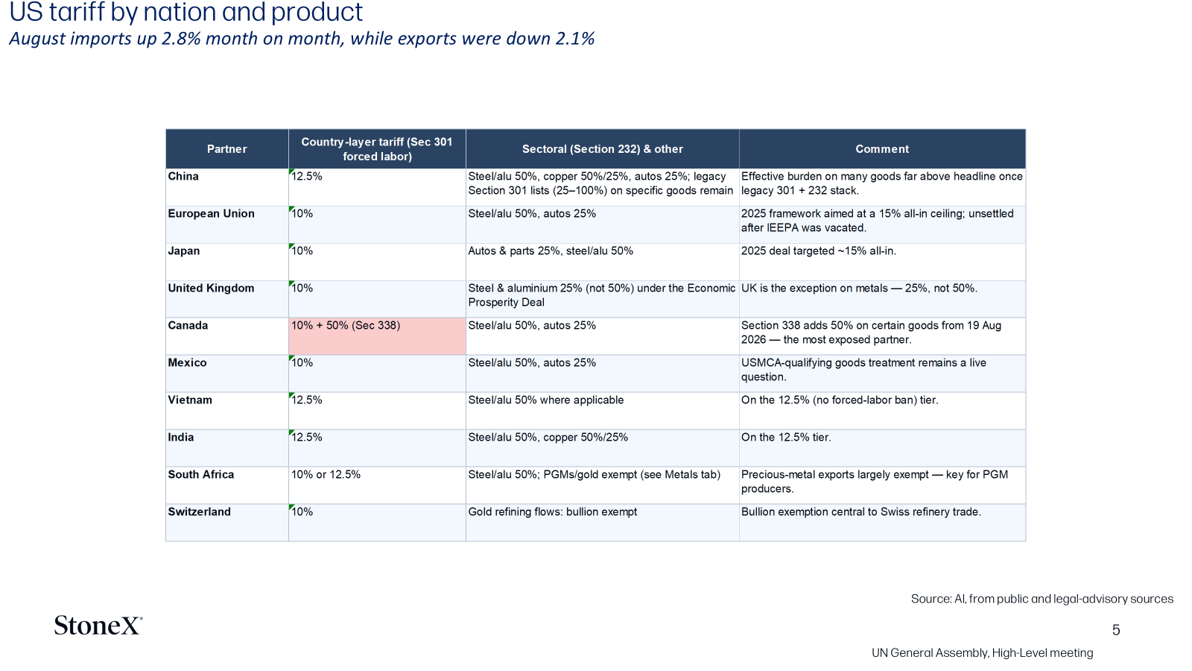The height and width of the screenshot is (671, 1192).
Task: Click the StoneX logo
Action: [98, 626]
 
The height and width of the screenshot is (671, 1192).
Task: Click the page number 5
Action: [1116, 630]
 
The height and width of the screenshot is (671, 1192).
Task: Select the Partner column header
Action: [226, 149]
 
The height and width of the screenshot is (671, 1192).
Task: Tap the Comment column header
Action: [882, 149]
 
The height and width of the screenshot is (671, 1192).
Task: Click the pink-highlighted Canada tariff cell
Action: [377, 336]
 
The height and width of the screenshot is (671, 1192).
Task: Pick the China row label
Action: [183, 176]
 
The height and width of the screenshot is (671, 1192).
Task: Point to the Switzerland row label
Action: [200, 511]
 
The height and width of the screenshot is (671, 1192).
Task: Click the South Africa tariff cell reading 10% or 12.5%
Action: [326, 474]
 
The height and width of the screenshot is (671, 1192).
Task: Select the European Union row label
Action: [212, 213]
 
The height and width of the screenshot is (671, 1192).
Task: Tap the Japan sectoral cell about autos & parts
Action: [551, 251]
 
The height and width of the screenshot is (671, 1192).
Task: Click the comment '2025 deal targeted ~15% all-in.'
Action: [819, 251]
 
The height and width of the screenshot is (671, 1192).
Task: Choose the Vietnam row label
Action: [190, 400]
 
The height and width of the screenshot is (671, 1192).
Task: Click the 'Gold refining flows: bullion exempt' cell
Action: [552, 511]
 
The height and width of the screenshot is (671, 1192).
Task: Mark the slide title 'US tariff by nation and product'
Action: [186, 12]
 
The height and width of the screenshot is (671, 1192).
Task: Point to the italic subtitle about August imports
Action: [302, 39]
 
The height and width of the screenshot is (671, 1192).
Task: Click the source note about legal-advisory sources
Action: [1042, 599]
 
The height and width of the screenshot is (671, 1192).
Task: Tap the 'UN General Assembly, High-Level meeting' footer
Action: [983, 653]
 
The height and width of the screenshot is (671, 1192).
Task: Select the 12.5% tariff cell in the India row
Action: [306, 437]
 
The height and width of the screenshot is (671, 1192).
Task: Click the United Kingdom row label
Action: [212, 288]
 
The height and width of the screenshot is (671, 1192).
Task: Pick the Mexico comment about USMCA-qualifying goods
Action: [863, 370]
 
